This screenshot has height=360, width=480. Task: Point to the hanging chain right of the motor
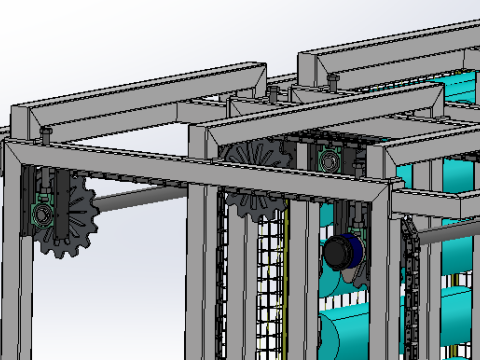(410, 290)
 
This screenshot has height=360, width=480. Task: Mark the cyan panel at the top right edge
(459, 85)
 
